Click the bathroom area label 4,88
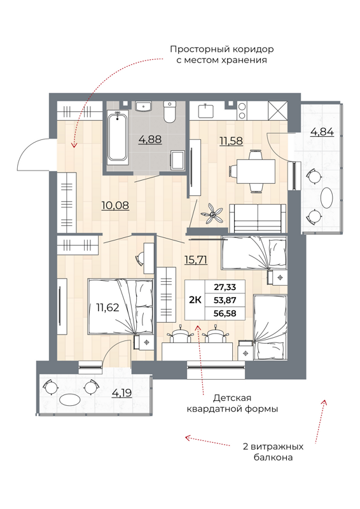[x=149, y=139]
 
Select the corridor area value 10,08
[x=117, y=205]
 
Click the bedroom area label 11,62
[x=107, y=307]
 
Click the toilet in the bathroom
[x=169, y=113]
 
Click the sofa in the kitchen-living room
[x=257, y=218]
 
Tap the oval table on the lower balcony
[x=70, y=401]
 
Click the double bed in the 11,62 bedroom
[x=119, y=307]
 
